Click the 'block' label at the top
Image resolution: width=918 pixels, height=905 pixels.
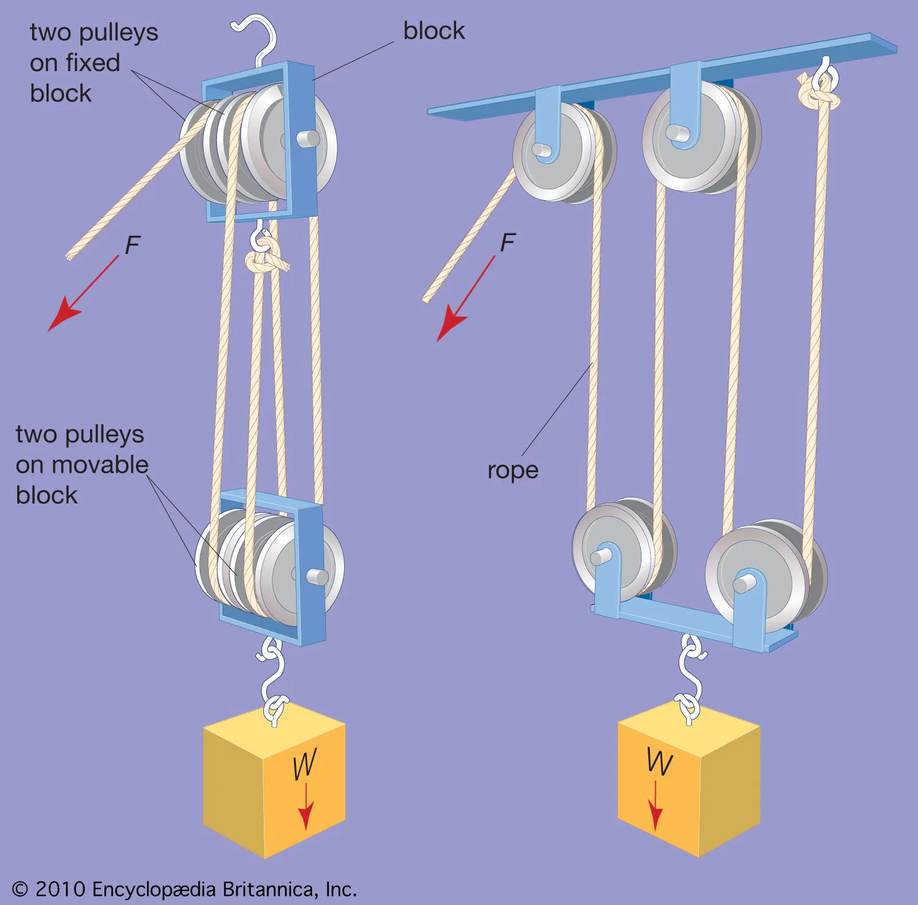(x=434, y=31)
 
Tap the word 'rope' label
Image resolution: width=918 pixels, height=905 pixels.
(x=513, y=470)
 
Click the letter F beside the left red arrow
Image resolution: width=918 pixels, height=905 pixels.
(x=133, y=245)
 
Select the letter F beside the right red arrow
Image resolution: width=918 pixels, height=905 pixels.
(x=507, y=243)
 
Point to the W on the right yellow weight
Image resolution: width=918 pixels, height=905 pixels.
(x=660, y=762)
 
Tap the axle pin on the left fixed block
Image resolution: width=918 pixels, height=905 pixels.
(x=308, y=139)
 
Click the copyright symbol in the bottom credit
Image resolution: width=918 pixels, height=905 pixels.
(x=20, y=889)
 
